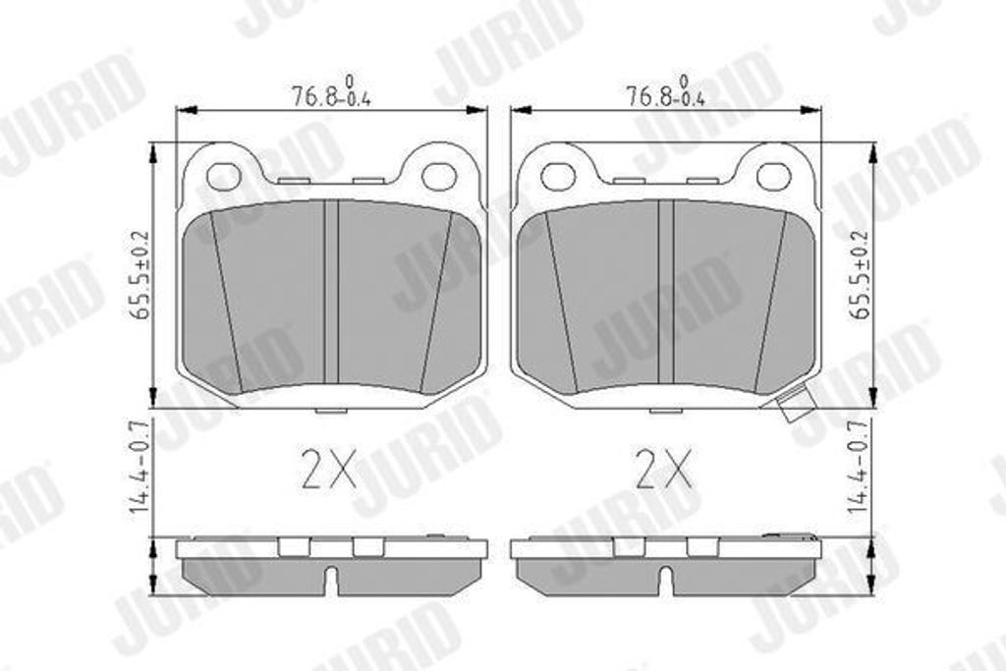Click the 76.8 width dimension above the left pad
click(332, 91)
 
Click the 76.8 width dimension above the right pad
click(665, 91)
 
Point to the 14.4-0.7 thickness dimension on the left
click(140, 466)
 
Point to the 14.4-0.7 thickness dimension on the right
click(860, 466)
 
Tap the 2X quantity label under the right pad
click(663, 469)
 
